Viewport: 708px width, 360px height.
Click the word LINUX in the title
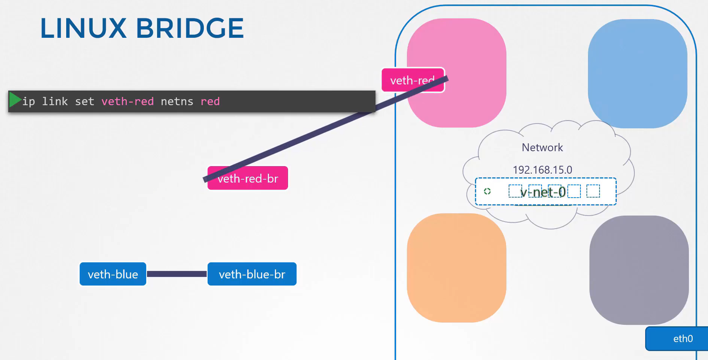click(x=83, y=28)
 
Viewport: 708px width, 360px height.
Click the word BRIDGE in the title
click(x=190, y=28)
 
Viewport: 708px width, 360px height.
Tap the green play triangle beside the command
click(x=15, y=100)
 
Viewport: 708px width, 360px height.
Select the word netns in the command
click(x=177, y=101)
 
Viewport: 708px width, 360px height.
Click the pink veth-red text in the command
click(x=128, y=101)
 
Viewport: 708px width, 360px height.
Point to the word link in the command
click(x=55, y=101)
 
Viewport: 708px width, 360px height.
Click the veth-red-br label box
click(x=248, y=178)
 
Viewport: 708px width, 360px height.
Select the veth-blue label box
click(x=113, y=274)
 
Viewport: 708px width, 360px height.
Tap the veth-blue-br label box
click(x=252, y=274)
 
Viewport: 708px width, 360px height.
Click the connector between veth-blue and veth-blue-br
click(x=177, y=274)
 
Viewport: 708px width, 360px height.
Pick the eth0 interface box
click(x=677, y=339)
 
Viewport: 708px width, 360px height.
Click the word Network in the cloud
click(x=542, y=147)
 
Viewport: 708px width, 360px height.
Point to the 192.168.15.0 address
click(x=542, y=170)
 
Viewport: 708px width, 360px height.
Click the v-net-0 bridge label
click(x=543, y=192)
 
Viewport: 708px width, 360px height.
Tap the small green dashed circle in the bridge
click(x=487, y=191)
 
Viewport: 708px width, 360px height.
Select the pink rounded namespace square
click(x=457, y=73)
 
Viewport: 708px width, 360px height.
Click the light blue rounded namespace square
click(x=638, y=74)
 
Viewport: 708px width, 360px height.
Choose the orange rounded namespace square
click(x=457, y=268)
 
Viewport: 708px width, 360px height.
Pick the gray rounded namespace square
click(x=639, y=270)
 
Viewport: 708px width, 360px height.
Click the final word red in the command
click(x=210, y=101)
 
